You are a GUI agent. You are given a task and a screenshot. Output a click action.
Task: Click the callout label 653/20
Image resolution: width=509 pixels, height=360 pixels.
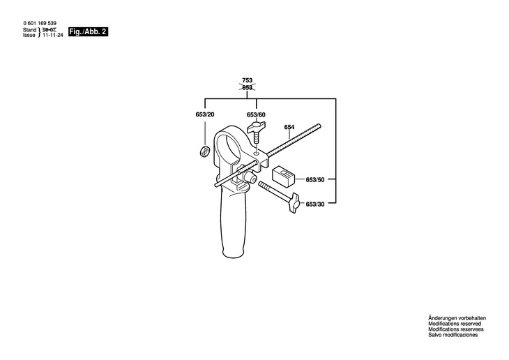coord(205,114)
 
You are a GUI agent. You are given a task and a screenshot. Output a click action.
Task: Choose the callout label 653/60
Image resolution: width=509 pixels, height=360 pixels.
coord(256,114)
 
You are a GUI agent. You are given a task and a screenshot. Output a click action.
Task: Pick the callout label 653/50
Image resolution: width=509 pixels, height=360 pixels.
coord(315,179)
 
